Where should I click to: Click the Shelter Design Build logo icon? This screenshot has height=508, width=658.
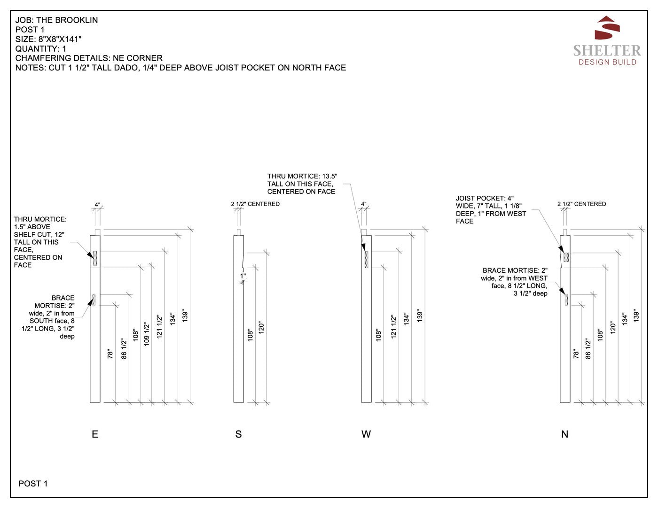point(607,28)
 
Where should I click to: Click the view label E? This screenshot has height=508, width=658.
point(95,434)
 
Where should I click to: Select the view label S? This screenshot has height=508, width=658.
point(238,434)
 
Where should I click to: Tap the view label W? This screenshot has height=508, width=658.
point(366,434)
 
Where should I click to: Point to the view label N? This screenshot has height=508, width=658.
point(565,434)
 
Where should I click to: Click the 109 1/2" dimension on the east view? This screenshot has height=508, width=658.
point(147,334)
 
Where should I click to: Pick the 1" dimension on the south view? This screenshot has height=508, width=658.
point(243,276)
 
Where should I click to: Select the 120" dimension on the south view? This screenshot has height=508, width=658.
point(261,327)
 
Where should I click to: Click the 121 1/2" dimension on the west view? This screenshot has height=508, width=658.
point(393,326)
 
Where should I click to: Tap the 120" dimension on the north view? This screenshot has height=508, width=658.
point(612,327)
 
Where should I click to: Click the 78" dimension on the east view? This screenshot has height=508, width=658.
point(110,354)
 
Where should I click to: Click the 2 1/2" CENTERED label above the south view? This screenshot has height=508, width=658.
point(255,204)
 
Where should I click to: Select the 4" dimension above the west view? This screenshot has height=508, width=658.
point(364,205)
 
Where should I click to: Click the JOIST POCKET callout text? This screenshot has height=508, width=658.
point(491,210)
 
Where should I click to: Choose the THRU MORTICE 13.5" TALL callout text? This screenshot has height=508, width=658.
point(302,184)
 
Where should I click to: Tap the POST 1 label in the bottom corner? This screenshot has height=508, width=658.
point(33,484)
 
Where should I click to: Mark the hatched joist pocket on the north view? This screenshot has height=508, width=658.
point(566,257)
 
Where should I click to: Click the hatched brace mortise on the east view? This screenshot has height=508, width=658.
point(94,300)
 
